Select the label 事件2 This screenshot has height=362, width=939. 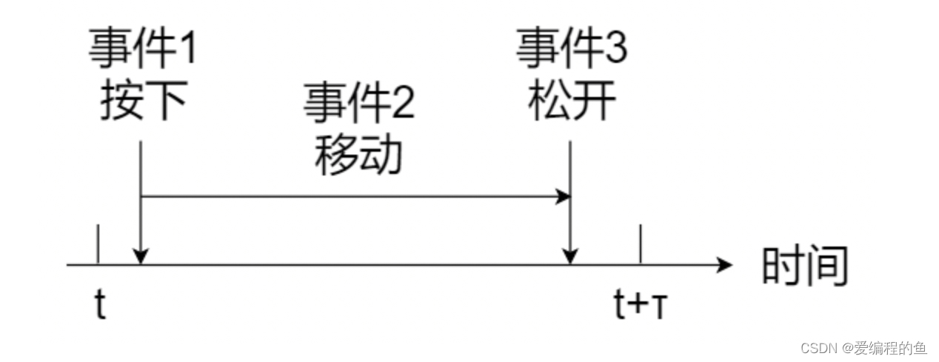coord(359,104)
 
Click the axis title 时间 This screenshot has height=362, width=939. coord(804,266)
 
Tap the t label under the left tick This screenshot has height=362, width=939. coord(101,304)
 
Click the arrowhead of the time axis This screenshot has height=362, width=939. coord(725,264)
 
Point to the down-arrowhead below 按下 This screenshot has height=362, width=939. coord(141,256)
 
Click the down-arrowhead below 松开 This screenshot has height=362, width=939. coord(569,256)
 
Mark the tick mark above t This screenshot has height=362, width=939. coord(98,244)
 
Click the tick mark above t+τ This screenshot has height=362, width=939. coord(640,244)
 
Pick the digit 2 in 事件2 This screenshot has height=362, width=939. coord(403,104)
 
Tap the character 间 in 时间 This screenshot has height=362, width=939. coord(826,266)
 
